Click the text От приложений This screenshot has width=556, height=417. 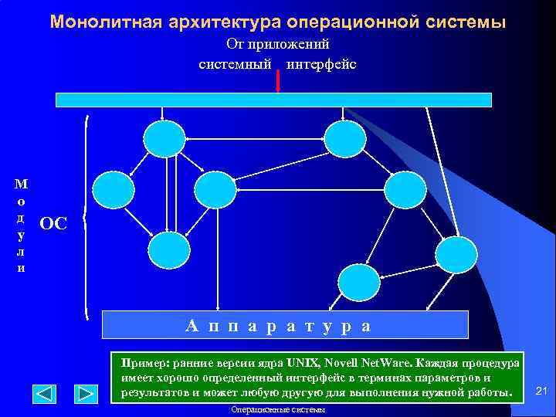277,45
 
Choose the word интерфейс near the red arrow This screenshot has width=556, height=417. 321,63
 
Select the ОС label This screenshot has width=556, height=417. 53,224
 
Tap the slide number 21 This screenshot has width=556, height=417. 541,392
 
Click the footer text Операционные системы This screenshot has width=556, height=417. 278,410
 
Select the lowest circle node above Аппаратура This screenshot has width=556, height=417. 359,283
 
